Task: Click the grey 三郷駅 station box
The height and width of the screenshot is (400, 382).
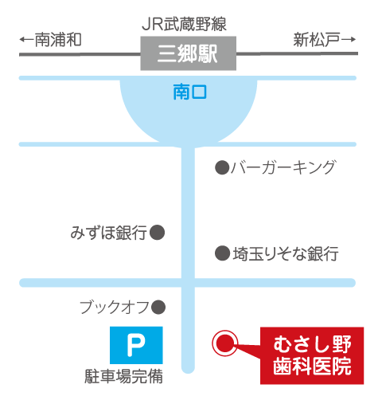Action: point(188,53)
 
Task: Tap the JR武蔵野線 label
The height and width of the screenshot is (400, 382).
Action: point(184,24)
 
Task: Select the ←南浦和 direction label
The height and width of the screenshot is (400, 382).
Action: point(50,40)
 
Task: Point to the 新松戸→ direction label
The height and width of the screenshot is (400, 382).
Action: point(324,40)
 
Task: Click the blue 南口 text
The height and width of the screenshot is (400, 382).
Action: point(189,92)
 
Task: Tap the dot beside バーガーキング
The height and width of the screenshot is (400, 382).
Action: point(222,167)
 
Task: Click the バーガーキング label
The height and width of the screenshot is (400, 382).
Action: point(283,167)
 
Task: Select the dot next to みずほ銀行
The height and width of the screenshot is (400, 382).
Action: point(157,233)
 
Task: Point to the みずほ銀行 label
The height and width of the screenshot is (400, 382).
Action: point(108,233)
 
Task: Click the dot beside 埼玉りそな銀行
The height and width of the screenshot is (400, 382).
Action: point(222,253)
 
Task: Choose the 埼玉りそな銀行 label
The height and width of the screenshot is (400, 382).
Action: point(286,253)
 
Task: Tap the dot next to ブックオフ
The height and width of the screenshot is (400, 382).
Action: point(158,308)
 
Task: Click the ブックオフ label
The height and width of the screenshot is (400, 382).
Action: point(115,308)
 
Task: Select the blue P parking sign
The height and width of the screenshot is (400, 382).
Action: point(136,345)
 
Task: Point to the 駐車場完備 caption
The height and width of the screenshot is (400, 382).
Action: point(123,376)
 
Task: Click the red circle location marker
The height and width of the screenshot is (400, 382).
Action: point(225,343)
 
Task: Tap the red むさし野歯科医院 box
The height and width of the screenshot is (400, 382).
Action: point(312,355)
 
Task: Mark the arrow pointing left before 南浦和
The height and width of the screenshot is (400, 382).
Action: point(27,40)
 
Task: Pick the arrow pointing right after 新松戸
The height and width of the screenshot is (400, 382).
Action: point(349,40)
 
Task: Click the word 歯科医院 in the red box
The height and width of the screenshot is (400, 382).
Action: point(312,367)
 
